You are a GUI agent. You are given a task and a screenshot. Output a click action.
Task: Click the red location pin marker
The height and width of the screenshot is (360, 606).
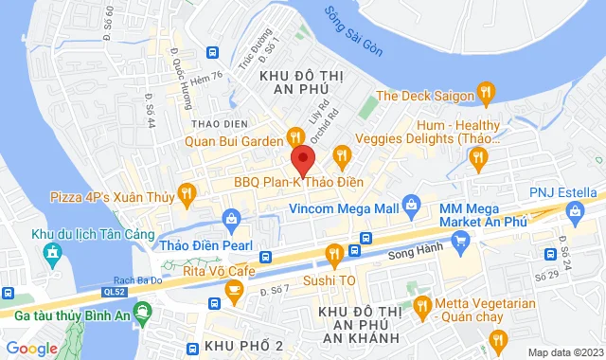click(x=302, y=158)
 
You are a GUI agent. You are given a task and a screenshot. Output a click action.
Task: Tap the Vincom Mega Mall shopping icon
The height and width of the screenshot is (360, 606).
click(x=410, y=204)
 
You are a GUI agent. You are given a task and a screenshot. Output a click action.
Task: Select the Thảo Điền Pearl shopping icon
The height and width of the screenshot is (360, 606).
click(x=232, y=220)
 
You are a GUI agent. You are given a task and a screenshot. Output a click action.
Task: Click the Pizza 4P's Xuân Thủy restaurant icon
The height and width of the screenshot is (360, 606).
click(x=187, y=195)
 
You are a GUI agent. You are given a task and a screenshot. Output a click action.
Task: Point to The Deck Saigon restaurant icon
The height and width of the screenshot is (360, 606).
click(x=486, y=93)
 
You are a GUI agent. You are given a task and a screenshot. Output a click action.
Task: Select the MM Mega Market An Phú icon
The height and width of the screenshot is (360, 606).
click(x=460, y=242)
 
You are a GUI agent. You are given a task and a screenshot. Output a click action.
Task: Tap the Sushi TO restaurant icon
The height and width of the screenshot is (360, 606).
click(x=333, y=253)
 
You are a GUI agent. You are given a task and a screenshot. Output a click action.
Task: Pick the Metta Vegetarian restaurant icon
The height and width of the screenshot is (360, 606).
click(x=422, y=305)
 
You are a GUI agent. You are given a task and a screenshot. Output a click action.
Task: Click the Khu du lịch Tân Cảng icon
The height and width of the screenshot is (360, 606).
click(x=50, y=253)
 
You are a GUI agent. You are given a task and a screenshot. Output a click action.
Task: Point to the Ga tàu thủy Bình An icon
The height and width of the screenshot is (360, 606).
click(x=142, y=310)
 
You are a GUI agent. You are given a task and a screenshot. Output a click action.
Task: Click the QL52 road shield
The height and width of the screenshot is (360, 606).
click(x=115, y=293)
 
